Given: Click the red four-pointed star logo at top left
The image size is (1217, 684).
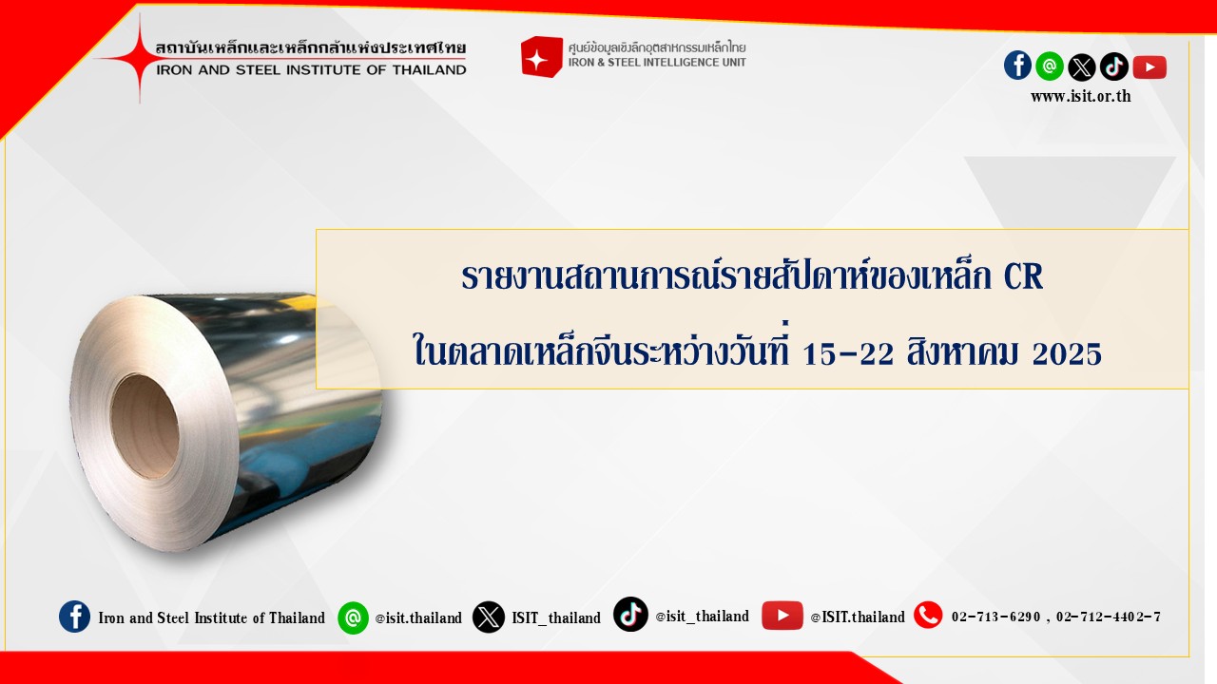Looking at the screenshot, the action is pos(140,58).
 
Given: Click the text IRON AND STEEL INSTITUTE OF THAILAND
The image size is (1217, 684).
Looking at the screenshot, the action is pos(311,70).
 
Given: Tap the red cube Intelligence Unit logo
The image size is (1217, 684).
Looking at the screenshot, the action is pos(541,56).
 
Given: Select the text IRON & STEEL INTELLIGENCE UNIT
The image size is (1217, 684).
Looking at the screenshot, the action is pos(657,63).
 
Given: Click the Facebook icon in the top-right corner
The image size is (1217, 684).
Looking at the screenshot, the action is pos(1017,66).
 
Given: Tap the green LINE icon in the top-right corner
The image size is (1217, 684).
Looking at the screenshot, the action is pos(1050,66).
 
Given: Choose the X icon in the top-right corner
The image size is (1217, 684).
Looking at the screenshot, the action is pos(1082,66).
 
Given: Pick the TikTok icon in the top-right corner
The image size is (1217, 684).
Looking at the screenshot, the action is pos(1113,66).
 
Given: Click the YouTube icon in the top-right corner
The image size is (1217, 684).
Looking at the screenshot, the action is pos(1149,67).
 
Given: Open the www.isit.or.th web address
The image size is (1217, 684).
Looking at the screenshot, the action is pos(1081,97).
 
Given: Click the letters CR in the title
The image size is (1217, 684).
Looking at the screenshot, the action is pos(1023,276).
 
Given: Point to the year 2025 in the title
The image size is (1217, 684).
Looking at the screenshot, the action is pos(1067,353).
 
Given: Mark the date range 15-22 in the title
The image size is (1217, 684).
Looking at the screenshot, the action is pos(848,353).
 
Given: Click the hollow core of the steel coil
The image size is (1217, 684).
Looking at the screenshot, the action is pos(145,427).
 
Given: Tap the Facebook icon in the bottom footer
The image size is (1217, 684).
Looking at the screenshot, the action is pos(74,617).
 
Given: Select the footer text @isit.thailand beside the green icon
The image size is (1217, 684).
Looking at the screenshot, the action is pos(418,617).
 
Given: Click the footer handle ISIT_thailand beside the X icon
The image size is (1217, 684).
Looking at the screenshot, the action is pos(556,617).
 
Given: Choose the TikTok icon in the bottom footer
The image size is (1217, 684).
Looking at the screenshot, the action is pos(630,615).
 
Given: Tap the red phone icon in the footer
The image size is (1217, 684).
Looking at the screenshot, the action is pos(928,615).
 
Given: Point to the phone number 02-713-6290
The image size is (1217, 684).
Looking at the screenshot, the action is pos(995,617).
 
